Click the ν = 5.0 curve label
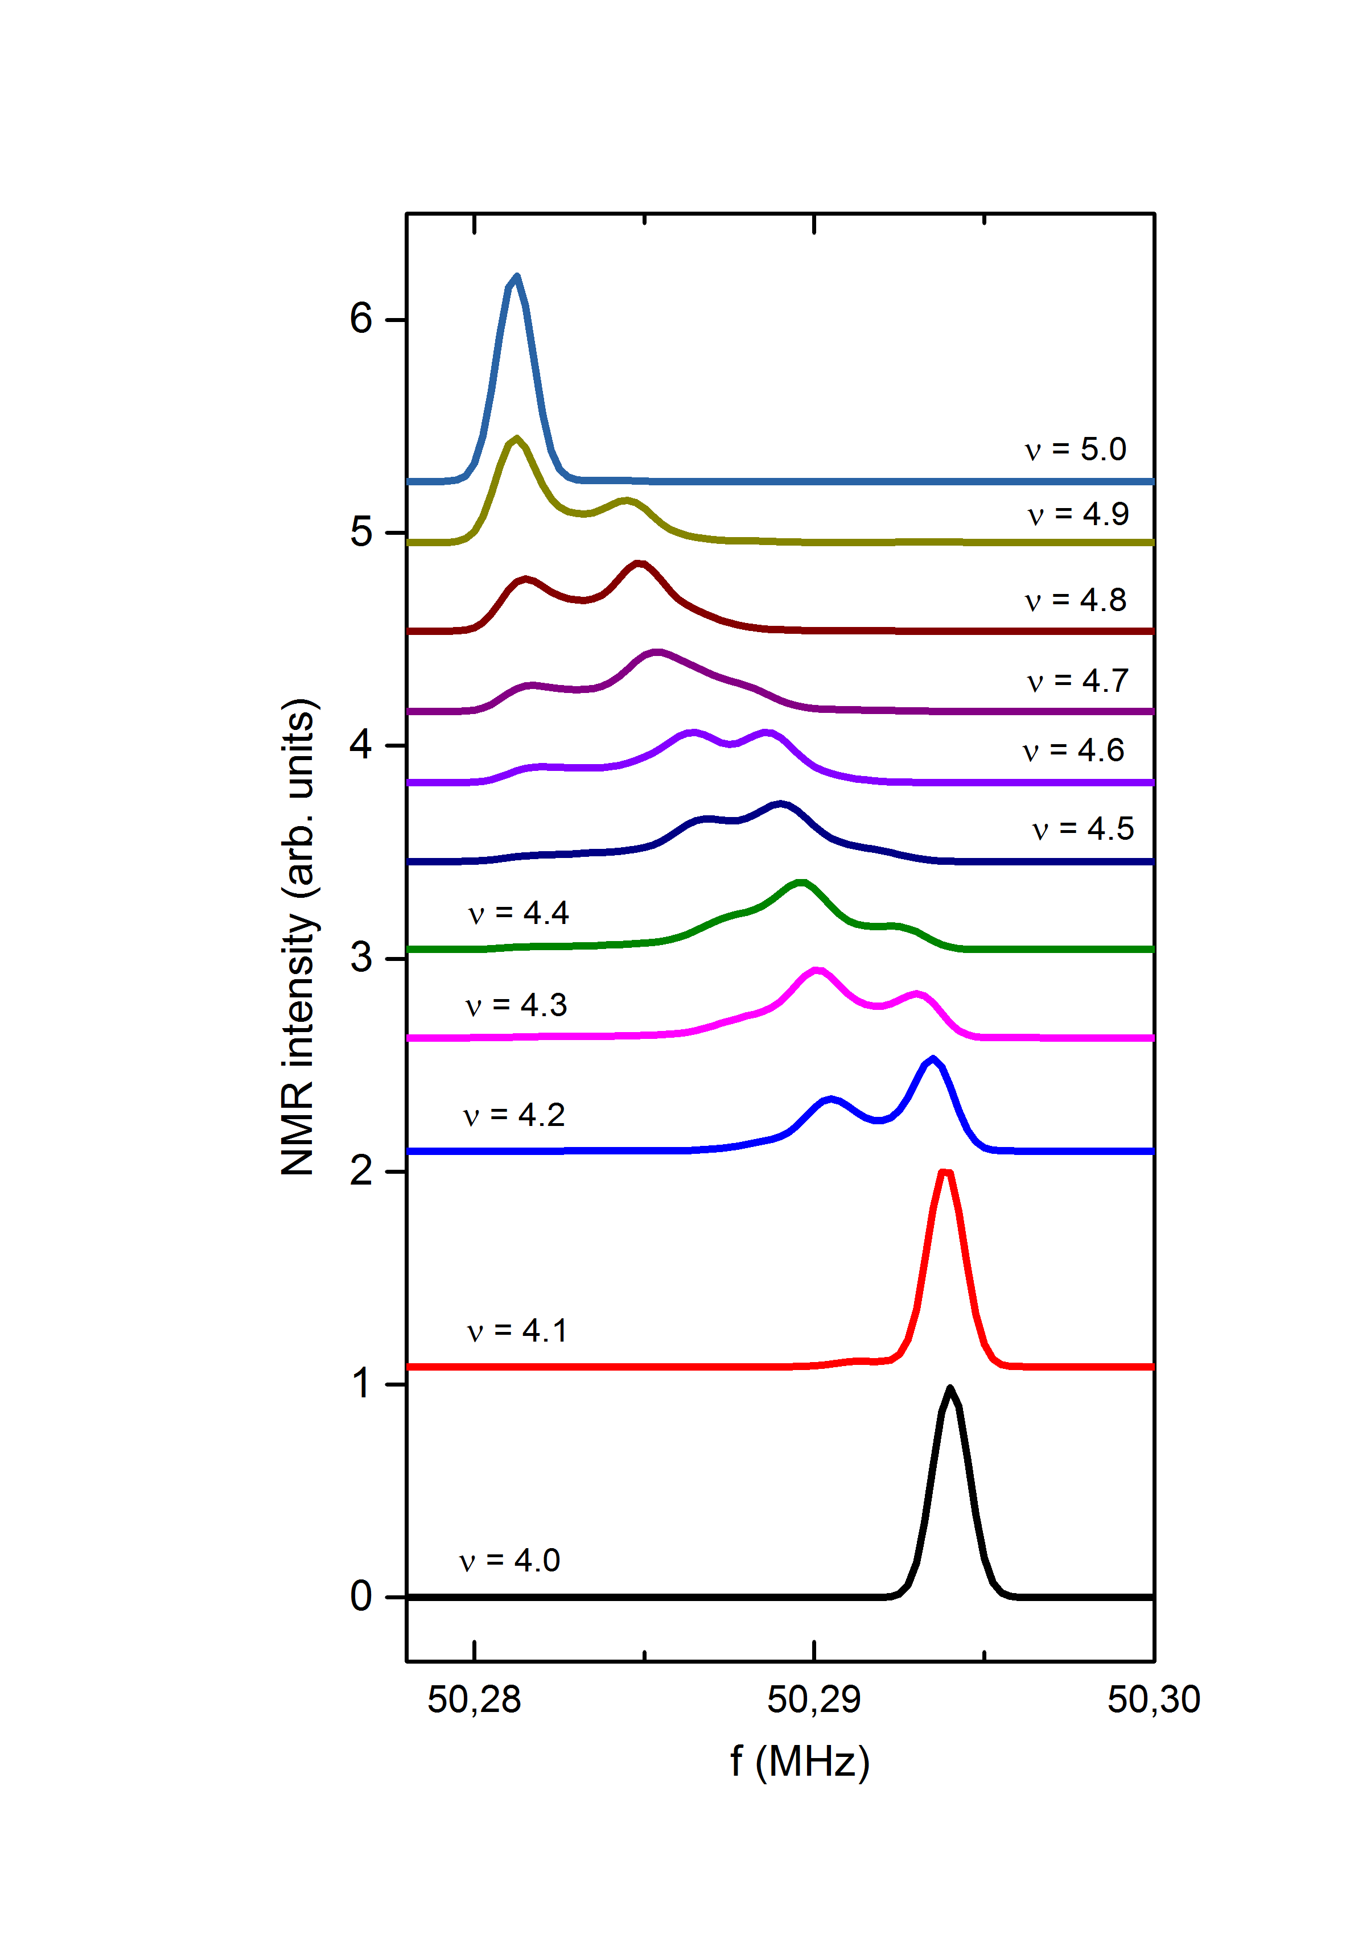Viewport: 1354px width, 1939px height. tap(1075, 449)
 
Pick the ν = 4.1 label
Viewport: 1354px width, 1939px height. tap(517, 1330)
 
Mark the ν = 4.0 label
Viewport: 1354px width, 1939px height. tap(510, 1560)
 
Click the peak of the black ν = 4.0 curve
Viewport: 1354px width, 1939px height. tap(950, 1388)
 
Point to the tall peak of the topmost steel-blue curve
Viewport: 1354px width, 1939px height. tap(517, 276)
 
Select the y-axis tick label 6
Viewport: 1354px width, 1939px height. tap(361, 319)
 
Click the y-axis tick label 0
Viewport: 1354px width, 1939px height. tap(361, 1596)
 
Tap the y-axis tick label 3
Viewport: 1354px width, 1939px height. tap(361, 958)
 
